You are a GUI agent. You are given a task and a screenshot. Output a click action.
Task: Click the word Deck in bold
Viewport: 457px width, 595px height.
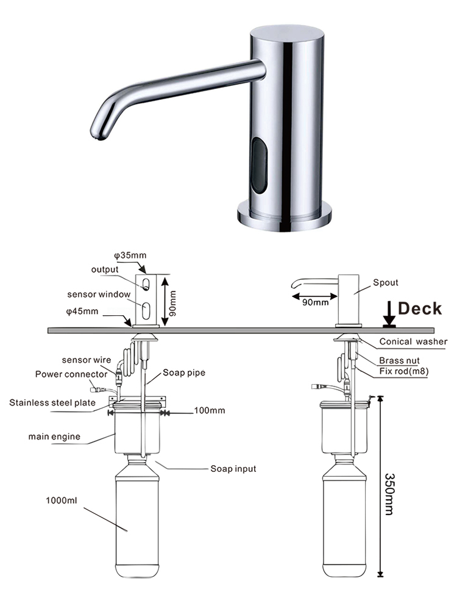click(x=420, y=308)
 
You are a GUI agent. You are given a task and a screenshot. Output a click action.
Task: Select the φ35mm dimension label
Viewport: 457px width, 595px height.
click(x=130, y=255)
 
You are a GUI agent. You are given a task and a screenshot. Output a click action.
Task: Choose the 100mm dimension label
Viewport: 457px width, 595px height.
click(x=209, y=411)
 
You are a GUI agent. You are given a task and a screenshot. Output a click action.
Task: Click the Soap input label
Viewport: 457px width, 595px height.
click(x=233, y=469)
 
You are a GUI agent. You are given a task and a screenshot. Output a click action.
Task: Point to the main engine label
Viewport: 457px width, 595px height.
click(x=54, y=436)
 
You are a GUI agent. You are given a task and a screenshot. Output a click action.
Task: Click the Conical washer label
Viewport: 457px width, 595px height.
click(x=413, y=341)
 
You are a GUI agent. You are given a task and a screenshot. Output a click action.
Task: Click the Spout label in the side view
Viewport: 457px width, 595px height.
click(x=386, y=283)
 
